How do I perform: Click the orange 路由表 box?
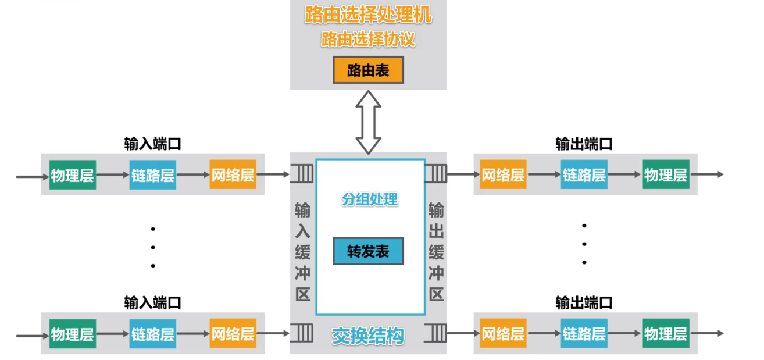point(367,71)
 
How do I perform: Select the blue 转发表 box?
point(367,251)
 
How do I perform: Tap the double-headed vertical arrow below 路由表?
point(368,122)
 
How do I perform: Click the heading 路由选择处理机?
point(368,16)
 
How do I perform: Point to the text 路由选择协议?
point(368,40)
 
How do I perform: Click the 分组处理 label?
point(370,199)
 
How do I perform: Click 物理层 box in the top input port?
point(73,175)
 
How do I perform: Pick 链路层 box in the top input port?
point(152,175)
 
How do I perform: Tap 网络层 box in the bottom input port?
point(233,334)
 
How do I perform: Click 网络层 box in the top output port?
point(503,174)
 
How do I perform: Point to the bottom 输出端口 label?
point(584,303)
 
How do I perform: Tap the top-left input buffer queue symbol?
point(302,173)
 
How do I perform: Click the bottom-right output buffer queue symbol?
point(435,333)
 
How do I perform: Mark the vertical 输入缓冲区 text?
point(302,251)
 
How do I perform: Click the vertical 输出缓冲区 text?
point(436,251)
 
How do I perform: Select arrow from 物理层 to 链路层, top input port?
point(113,175)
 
